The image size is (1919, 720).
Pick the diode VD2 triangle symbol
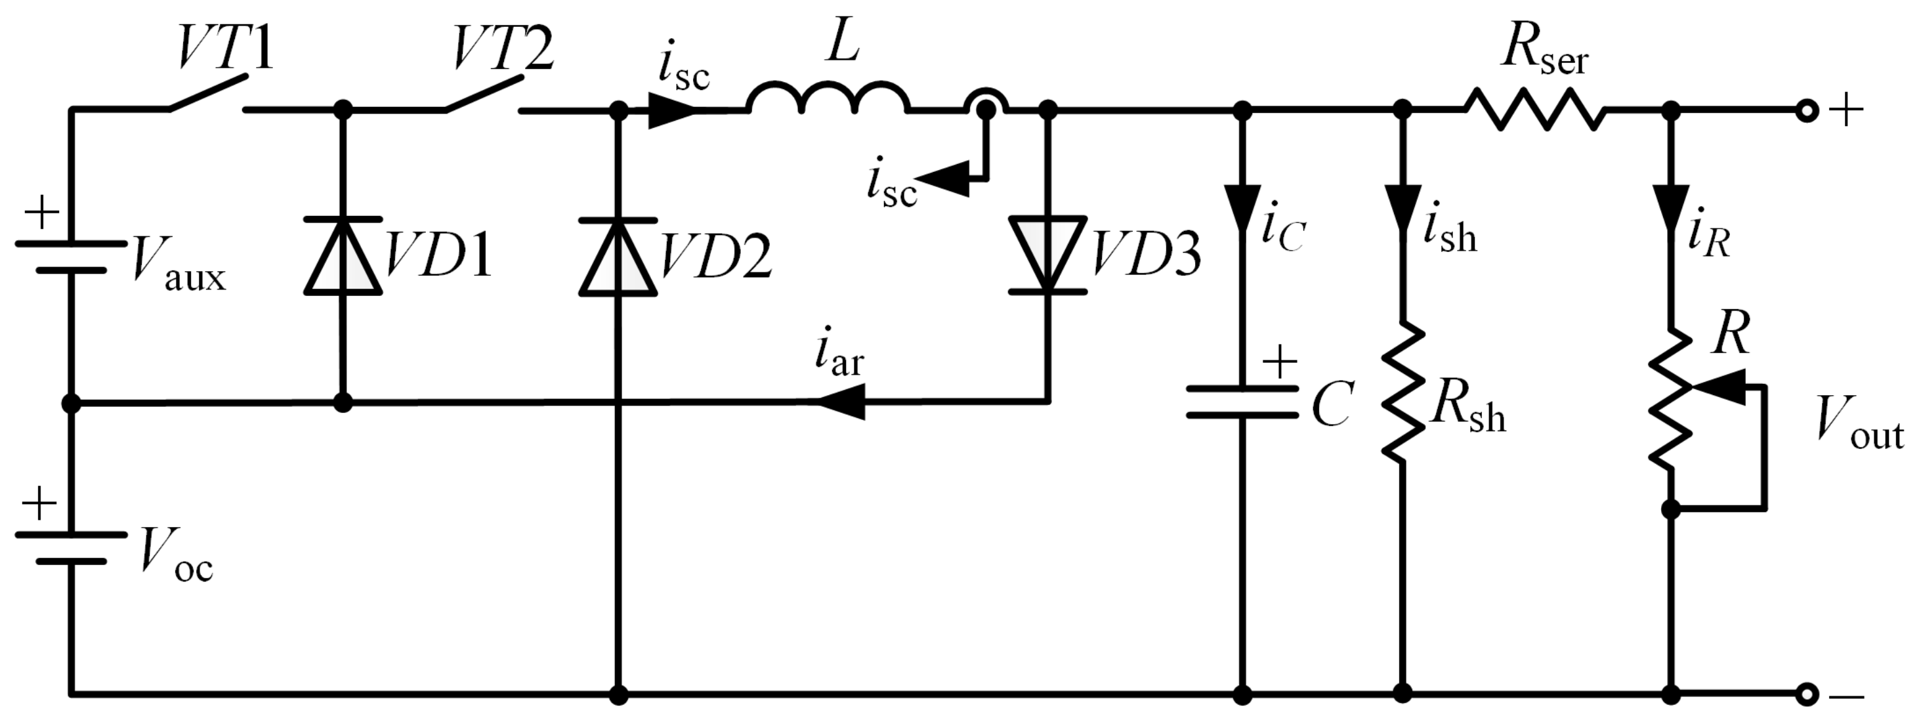pyautogui.click(x=618, y=257)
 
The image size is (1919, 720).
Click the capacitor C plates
pyautogui.click(x=1242, y=402)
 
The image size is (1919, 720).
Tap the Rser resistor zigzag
pyautogui.click(x=1535, y=110)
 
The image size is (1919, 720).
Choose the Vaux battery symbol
pyautogui.click(x=71, y=257)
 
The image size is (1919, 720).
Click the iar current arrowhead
pyautogui.click(x=842, y=402)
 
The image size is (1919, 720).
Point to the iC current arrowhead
pyautogui.click(x=1242, y=207)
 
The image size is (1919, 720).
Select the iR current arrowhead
pyautogui.click(x=1671, y=207)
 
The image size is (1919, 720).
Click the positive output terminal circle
pyautogui.click(x=1805, y=111)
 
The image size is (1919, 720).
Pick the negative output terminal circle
pyautogui.click(x=1805, y=694)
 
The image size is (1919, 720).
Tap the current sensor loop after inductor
pyautogui.click(x=986, y=104)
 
